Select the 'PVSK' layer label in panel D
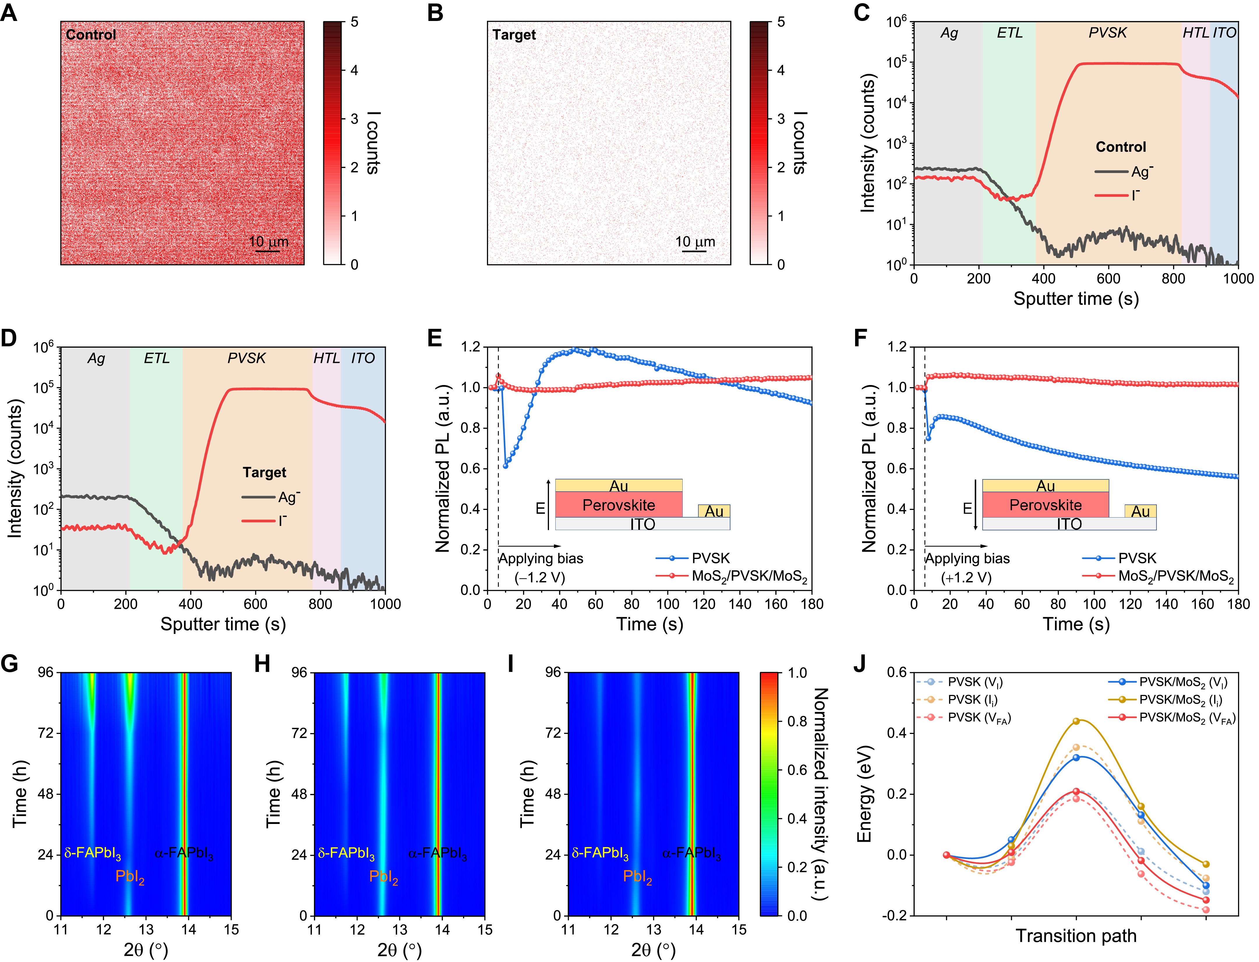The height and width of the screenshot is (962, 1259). tap(247, 359)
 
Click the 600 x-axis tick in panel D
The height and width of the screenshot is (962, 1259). tap(255, 604)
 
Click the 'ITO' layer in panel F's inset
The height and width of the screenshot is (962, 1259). tap(1069, 524)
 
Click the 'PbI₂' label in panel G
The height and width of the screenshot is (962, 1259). tap(130, 877)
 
